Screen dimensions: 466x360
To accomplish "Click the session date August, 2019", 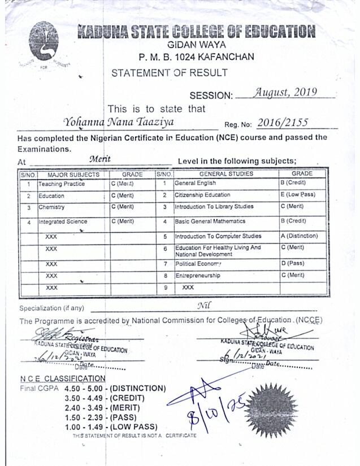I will click(x=285, y=93).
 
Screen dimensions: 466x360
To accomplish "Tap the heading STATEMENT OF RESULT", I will click(x=170, y=73).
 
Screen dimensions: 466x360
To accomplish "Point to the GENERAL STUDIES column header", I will click(x=226, y=174).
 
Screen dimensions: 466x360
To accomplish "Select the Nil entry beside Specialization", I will click(x=204, y=306).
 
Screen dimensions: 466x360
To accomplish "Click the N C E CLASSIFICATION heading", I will click(x=62, y=378).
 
